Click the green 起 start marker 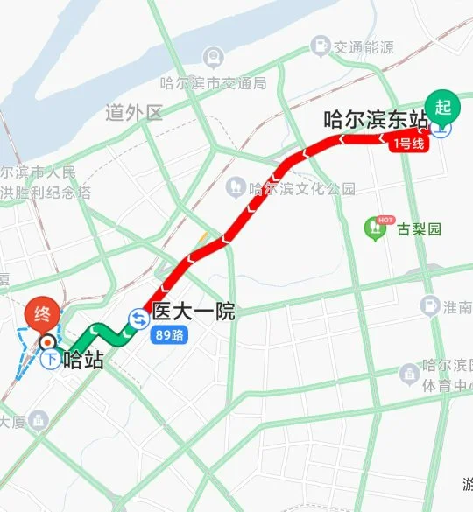click(443, 106)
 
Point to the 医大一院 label click(194, 312)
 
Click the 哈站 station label click(84, 359)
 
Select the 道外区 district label click(134, 112)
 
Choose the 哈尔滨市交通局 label click(213, 83)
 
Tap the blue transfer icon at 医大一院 click(138, 320)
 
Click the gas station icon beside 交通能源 click(321, 45)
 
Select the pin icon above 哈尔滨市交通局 click(212, 58)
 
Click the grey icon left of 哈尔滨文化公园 click(235, 187)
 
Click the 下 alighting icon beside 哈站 click(51, 359)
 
